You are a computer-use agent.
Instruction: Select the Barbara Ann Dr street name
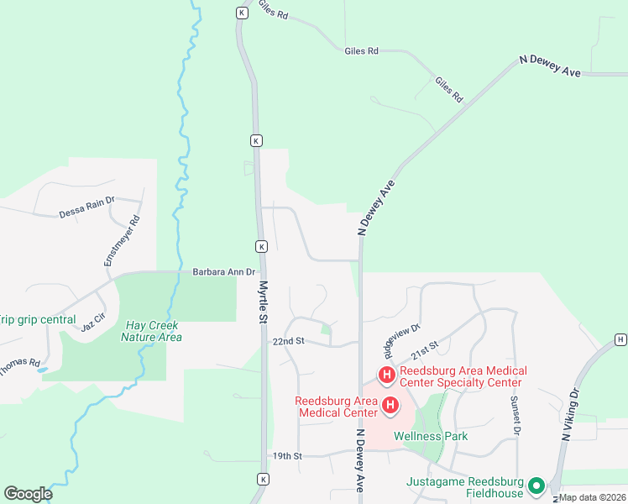[223, 271]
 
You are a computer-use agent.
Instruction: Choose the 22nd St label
[287, 342]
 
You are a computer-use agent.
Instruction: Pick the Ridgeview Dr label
[403, 335]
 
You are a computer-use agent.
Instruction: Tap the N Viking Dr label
[570, 415]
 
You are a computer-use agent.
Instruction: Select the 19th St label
[287, 456]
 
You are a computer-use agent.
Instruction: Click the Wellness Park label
[431, 436]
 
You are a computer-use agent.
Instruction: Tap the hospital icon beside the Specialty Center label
[387, 375]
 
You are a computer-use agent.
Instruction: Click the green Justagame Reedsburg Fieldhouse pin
[535, 486]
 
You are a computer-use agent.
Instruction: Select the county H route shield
[620, 339]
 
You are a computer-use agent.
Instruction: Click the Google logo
[28, 493]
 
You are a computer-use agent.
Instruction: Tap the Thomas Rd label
[18, 368]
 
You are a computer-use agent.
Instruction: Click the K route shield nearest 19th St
[263, 479]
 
